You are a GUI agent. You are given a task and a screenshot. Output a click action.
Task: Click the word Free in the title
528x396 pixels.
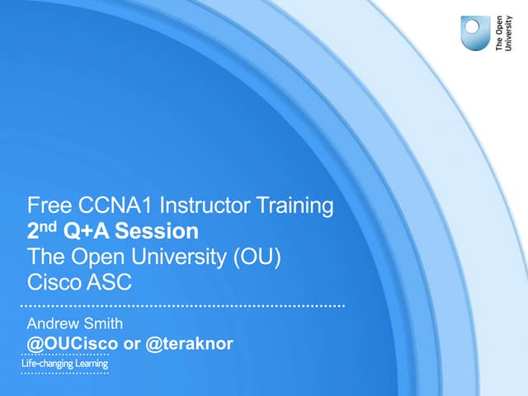pos(46,205)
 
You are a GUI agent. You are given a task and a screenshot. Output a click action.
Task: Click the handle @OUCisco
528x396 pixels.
pos(71,342)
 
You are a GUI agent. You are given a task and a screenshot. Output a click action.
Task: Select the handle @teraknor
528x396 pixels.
pos(189,342)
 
